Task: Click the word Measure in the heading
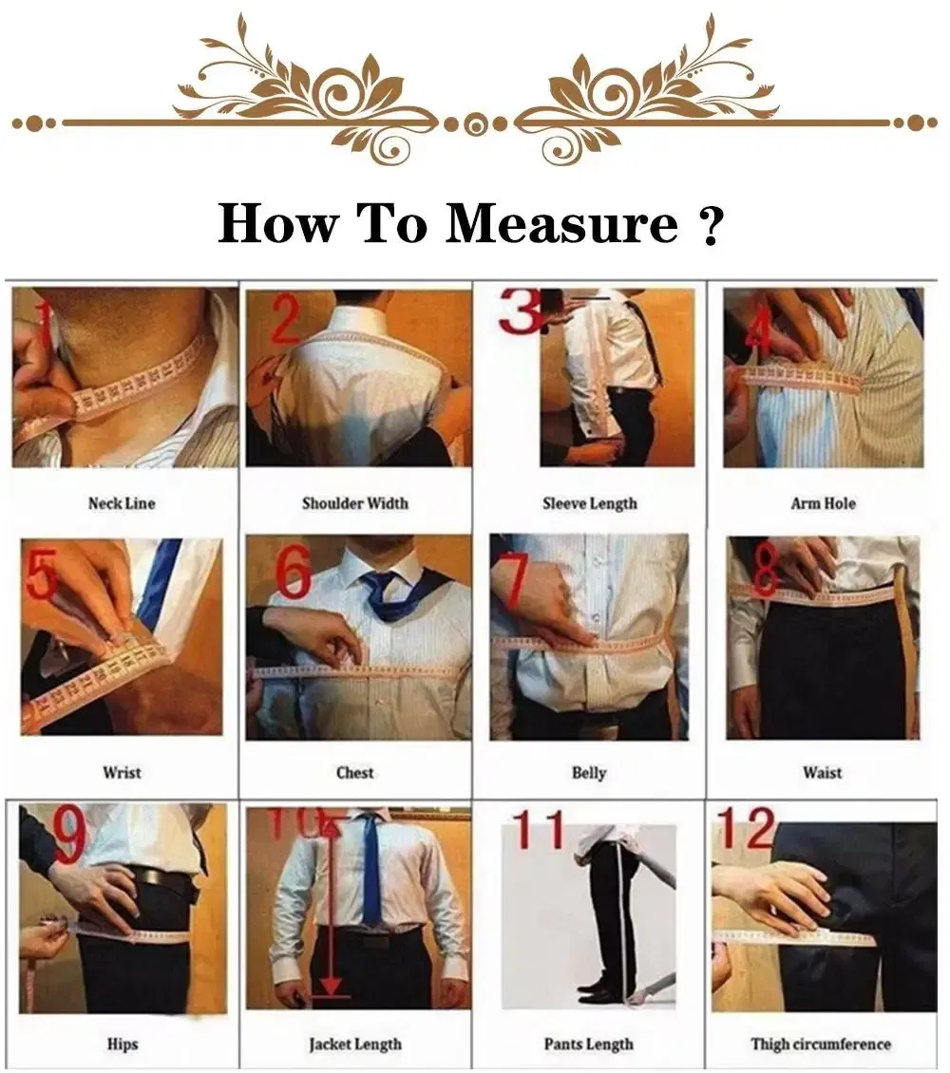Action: click(x=562, y=224)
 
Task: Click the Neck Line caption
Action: click(x=122, y=503)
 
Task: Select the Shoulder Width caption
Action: click(x=354, y=503)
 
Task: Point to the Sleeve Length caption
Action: click(x=589, y=503)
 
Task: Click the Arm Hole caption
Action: click(x=823, y=503)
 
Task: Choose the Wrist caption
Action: click(x=122, y=773)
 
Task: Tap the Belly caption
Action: click(x=589, y=773)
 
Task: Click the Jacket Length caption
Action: click(x=354, y=1044)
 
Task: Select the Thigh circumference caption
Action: click(x=821, y=1044)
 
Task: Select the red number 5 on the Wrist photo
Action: click(x=41, y=576)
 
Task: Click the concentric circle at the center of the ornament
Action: click(x=475, y=123)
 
